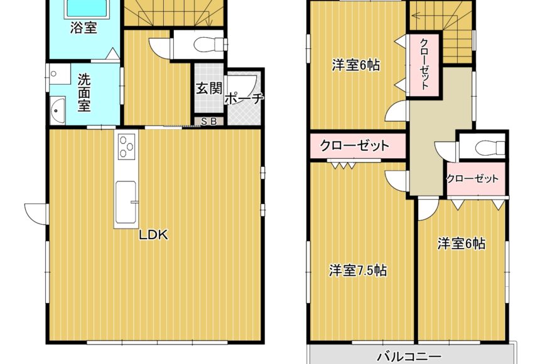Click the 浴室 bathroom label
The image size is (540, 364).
(83, 28)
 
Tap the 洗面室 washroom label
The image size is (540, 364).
(84, 93)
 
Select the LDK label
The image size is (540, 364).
(153, 235)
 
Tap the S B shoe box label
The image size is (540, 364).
(208, 122)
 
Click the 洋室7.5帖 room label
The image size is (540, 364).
(358, 270)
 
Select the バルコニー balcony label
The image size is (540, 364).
(409, 356)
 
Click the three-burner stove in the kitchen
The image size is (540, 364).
(126, 147)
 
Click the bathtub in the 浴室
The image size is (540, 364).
(88, 8)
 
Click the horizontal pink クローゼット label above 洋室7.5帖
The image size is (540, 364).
(355, 146)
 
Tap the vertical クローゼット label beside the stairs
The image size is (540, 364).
(424, 64)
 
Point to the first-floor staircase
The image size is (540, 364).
(173, 13)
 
